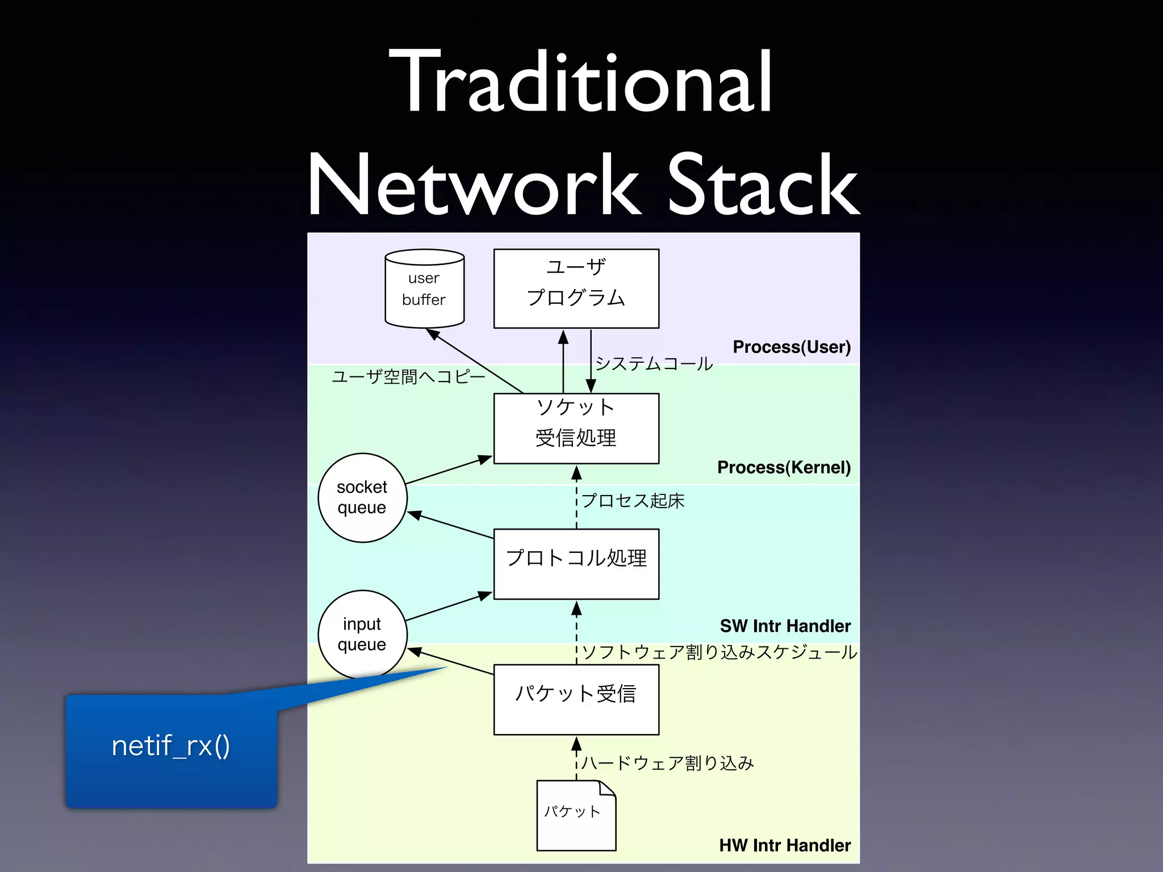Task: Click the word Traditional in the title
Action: [580, 82]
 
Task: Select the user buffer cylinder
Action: [424, 289]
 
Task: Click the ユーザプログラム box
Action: [576, 288]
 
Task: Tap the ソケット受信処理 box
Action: [576, 428]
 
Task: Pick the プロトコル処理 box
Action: [576, 563]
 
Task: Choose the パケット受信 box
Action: [576, 699]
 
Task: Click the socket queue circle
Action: [362, 497]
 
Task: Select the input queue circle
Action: [362, 634]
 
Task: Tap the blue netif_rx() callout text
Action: [171, 746]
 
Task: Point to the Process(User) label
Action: [791, 347]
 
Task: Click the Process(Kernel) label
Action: [784, 467]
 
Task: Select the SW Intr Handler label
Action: [785, 626]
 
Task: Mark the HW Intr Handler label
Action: [785, 845]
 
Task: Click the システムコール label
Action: [654, 363]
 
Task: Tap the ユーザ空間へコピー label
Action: [408, 376]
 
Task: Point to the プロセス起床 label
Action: [633, 501]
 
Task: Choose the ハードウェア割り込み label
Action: [668, 763]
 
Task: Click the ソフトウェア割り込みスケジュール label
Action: [719, 652]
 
